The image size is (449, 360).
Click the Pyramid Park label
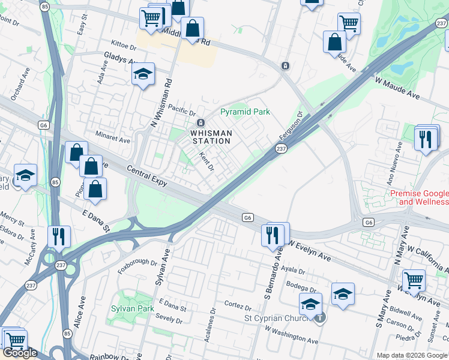point(245,112)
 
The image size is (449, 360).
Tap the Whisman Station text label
point(211,137)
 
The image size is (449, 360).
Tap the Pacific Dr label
point(182,110)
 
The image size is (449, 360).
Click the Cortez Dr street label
point(238,305)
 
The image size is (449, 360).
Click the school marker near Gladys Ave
point(143,74)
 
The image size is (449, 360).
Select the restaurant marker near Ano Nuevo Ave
point(426,139)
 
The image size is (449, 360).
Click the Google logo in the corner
point(20,353)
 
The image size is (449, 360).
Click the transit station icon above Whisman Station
point(200,122)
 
